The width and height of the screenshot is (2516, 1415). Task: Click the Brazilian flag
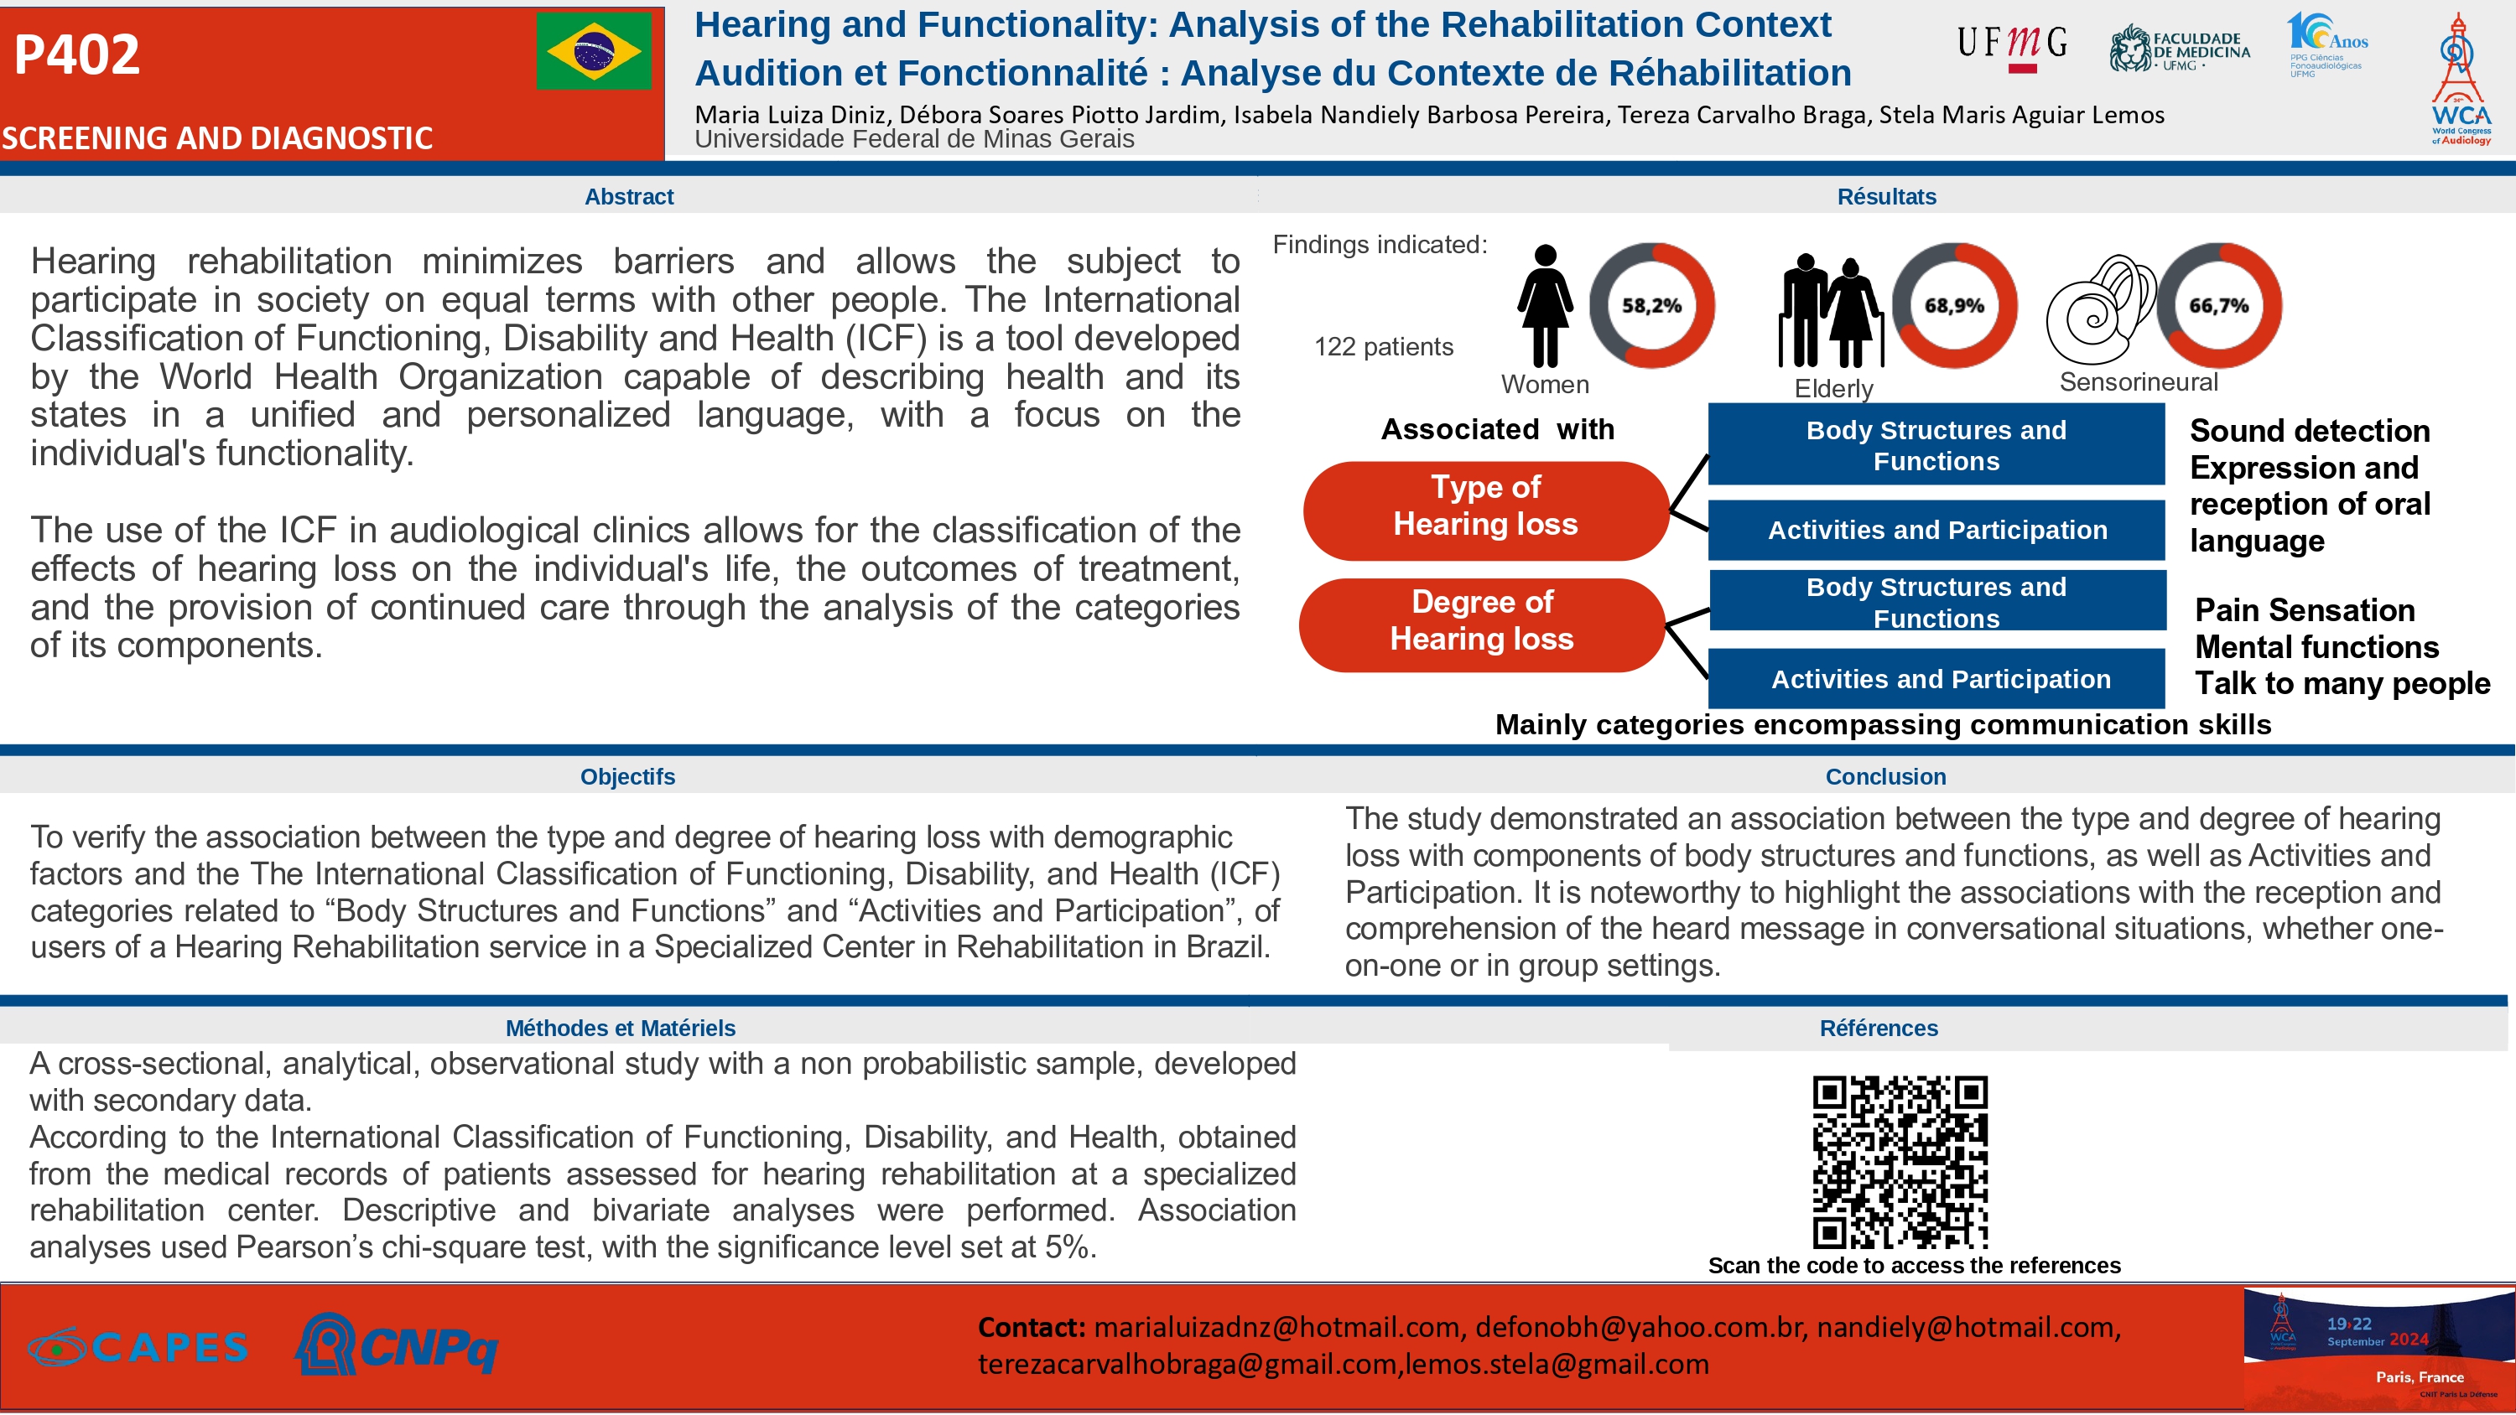click(593, 51)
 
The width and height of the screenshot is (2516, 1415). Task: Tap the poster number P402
click(77, 54)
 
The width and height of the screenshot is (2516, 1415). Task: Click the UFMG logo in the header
click(2012, 47)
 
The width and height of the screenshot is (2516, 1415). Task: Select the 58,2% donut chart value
click(1651, 306)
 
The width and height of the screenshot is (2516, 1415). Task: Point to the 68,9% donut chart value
click(1954, 306)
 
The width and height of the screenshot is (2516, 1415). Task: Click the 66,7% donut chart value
click(2219, 306)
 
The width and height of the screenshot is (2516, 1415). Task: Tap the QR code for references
click(1900, 1161)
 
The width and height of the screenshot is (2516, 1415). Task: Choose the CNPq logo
click(397, 1345)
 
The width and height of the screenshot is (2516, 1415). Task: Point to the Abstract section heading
click(629, 197)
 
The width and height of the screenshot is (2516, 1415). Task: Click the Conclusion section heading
click(1885, 777)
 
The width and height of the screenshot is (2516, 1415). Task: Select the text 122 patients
click(1383, 348)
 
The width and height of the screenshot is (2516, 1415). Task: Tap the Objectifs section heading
click(627, 777)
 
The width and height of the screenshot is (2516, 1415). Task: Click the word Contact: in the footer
click(1032, 1328)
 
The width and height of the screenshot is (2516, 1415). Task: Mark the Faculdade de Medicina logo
click(2179, 49)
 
